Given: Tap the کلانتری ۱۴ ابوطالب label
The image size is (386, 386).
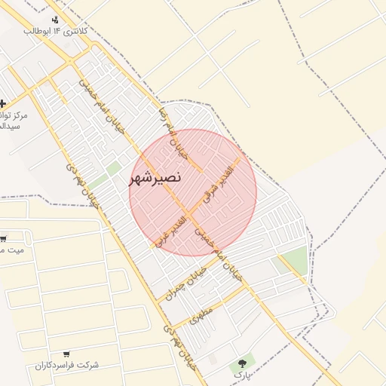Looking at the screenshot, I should (x=56, y=31).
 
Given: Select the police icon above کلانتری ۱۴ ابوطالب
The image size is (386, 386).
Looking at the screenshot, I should (x=55, y=20).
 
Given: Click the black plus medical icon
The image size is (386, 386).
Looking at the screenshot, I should (x=3, y=103).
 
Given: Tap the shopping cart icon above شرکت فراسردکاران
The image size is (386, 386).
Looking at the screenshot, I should (x=66, y=354).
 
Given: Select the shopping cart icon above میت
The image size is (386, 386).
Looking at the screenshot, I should (x=3, y=238).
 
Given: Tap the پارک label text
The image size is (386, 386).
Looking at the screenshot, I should (x=240, y=374).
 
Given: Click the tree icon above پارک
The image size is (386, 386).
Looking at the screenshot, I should (x=242, y=363).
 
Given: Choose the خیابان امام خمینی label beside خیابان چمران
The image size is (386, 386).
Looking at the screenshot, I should (x=220, y=256).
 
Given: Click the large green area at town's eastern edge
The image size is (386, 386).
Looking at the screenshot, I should (x=296, y=260).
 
